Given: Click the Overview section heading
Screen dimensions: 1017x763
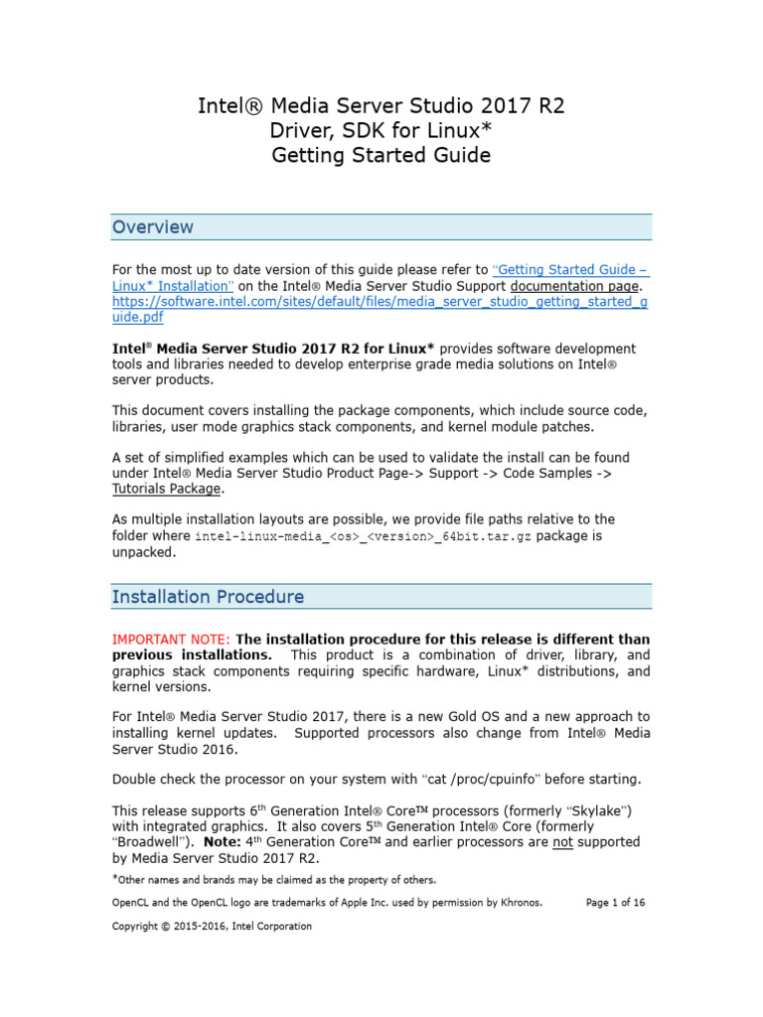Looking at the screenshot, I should [153, 227].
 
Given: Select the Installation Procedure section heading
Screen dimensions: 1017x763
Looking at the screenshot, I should [208, 597].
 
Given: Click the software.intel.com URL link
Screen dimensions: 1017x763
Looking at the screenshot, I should [380, 302].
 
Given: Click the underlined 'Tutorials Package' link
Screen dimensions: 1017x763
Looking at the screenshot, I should [167, 489].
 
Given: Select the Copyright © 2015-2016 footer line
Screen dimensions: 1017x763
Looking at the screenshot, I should [212, 927].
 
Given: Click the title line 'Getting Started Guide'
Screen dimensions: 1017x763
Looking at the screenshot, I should [381, 156].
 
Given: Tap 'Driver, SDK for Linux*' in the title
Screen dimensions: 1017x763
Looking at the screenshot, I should [381, 131].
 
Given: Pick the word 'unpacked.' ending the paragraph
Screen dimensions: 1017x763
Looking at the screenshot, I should [144, 552].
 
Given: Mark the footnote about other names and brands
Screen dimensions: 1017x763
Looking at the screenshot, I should [275, 880].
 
